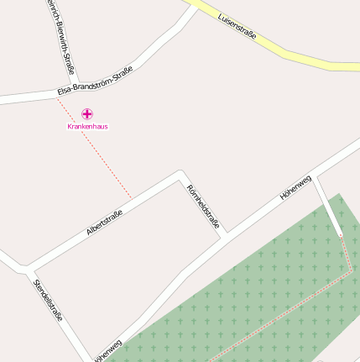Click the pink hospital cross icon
coord(87,113)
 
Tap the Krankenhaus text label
coord(87,126)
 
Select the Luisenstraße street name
coord(237,28)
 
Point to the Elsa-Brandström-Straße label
coord(97,81)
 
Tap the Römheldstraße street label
coord(203,206)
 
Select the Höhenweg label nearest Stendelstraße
coord(107,351)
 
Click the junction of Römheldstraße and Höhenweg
coord(224,238)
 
